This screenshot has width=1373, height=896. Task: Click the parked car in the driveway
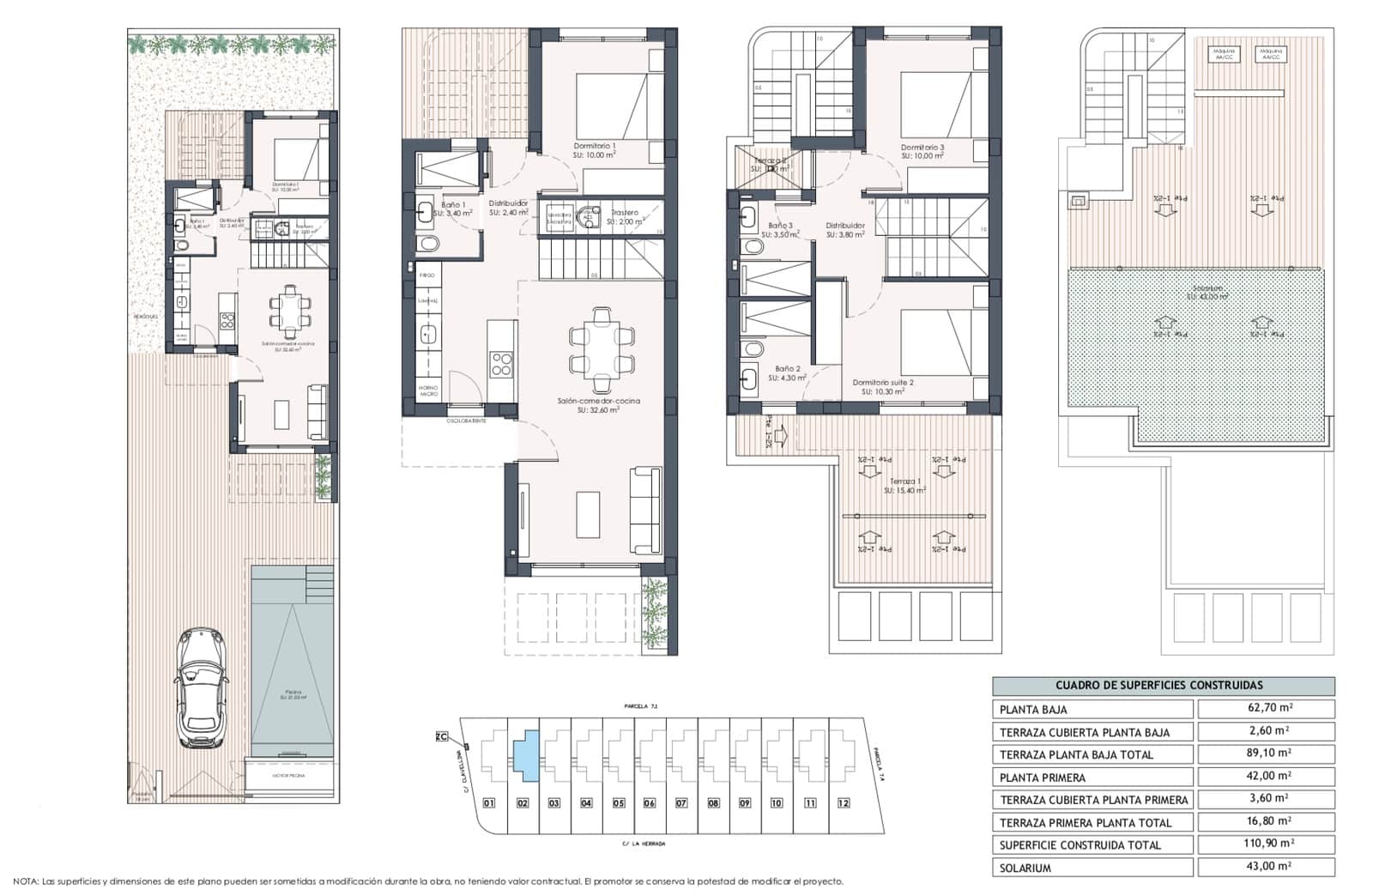(201, 688)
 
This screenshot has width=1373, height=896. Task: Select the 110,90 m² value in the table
(1266, 845)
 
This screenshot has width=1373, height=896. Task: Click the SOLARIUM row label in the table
(1025, 868)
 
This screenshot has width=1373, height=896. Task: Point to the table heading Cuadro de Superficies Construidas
(1164, 685)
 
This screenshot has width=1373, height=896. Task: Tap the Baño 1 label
(454, 205)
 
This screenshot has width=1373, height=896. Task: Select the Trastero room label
(625, 212)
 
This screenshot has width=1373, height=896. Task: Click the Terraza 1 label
(905, 481)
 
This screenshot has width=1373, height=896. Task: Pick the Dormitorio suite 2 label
(883, 383)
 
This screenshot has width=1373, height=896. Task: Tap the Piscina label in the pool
(293, 691)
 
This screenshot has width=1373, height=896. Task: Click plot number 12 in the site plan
(844, 803)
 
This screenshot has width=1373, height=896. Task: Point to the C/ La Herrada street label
(644, 844)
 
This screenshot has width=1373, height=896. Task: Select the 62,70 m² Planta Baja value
(1266, 709)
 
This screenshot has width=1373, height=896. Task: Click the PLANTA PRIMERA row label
(1043, 778)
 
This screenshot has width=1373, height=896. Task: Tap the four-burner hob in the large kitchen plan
(501, 364)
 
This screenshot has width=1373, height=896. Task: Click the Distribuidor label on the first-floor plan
(845, 226)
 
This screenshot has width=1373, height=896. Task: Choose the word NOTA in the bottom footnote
(25, 881)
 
